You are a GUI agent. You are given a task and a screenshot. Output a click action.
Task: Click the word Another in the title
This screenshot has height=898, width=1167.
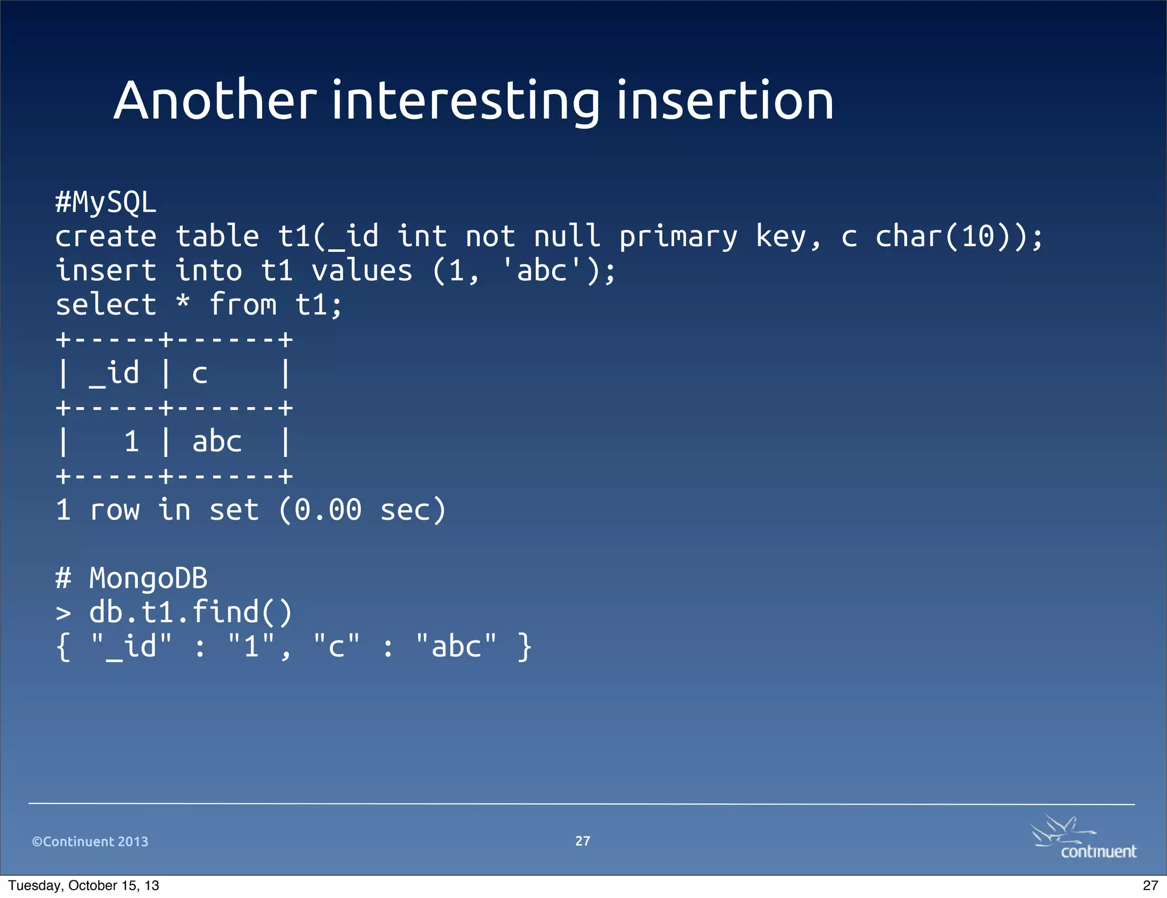click(x=215, y=101)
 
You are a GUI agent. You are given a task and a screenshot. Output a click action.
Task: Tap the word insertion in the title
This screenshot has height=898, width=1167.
click(x=725, y=101)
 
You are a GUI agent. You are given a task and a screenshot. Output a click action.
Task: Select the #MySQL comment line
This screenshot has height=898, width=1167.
click(x=105, y=202)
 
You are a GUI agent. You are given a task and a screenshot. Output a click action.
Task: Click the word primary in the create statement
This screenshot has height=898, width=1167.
click(x=678, y=237)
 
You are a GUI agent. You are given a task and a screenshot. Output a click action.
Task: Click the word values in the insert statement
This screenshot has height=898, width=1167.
click(x=361, y=271)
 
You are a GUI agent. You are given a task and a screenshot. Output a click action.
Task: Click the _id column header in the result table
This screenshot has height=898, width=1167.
click(x=114, y=374)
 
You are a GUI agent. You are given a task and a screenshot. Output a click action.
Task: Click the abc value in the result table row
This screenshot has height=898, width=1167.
click(x=217, y=442)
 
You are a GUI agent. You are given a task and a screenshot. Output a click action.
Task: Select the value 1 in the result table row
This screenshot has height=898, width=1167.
click(x=132, y=442)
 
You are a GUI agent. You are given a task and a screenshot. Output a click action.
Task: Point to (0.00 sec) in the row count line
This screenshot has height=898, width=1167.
click(x=362, y=510)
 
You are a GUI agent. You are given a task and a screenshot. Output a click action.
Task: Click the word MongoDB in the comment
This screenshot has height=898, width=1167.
click(x=148, y=578)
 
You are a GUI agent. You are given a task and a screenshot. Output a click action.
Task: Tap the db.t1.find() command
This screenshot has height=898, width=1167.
click(x=190, y=613)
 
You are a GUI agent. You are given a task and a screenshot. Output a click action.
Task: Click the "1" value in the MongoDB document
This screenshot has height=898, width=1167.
click(x=251, y=647)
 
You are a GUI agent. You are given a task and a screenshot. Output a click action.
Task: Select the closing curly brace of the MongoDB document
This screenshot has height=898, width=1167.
click(x=524, y=647)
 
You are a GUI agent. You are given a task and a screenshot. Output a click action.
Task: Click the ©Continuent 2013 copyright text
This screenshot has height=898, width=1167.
click(x=90, y=842)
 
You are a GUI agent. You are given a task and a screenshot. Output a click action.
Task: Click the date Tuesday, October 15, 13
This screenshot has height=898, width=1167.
click(x=84, y=885)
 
